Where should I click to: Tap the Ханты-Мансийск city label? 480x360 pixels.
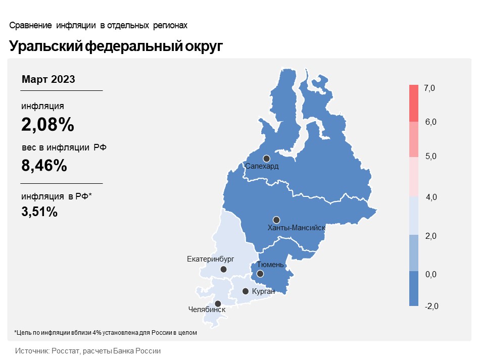click(296, 228)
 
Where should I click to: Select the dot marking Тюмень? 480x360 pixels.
click(260, 274)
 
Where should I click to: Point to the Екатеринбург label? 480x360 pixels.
click(211, 259)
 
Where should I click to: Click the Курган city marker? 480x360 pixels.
click(245, 291)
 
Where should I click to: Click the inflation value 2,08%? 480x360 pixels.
click(47, 124)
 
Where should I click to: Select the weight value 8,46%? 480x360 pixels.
click(44, 165)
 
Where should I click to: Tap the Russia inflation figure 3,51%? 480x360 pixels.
click(39, 212)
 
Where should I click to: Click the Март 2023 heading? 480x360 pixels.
click(49, 79)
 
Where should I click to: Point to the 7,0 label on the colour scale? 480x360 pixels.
click(429, 88)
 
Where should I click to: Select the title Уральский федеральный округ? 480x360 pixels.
click(116, 46)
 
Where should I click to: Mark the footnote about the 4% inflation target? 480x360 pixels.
click(105, 333)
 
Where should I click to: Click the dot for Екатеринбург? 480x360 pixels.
click(223, 270)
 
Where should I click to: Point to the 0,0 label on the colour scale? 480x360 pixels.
click(431, 275)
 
